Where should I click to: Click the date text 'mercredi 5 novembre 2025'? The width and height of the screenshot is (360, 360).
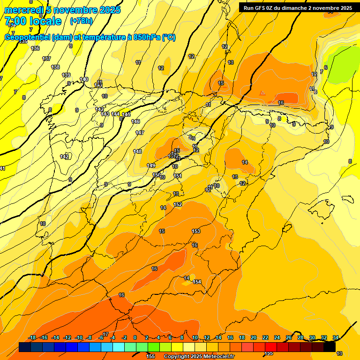[x=62, y=10]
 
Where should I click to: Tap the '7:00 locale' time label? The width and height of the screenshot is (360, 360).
[x=33, y=21]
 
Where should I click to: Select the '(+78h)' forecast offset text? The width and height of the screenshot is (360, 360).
[x=81, y=21]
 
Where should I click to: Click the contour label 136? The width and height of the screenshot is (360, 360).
[x=35, y=48]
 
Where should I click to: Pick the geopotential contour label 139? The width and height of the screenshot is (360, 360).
[x=66, y=75]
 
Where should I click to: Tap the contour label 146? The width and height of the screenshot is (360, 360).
[x=135, y=121]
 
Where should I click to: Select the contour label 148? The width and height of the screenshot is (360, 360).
[x=137, y=151]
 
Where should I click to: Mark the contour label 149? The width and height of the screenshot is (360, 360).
[x=151, y=165]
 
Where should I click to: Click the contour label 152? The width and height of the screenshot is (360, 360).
[x=178, y=204]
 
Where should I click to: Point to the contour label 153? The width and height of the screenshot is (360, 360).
[x=196, y=231]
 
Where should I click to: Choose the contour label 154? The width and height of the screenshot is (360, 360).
[x=197, y=282]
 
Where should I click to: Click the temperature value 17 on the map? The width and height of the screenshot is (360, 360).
[x=105, y=334]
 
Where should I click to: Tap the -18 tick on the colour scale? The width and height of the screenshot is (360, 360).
[x=32, y=337]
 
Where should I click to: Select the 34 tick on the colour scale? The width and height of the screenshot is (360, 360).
[x=336, y=337]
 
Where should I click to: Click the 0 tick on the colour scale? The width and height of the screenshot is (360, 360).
[x=135, y=337]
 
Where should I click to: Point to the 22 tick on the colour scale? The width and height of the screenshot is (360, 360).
[x=265, y=337]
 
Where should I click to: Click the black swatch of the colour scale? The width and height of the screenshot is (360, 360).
[x=329, y=347]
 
